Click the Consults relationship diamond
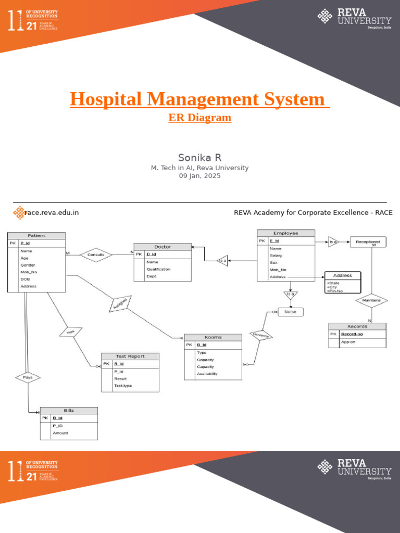(96, 255)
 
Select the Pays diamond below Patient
(28, 377)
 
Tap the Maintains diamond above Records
(371, 300)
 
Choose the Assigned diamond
(119, 304)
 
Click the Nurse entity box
(290, 312)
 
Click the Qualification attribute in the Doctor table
(159, 269)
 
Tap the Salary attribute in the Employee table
(276, 256)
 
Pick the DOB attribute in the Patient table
(25, 279)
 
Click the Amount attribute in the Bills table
(60, 433)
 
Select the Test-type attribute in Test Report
(123, 386)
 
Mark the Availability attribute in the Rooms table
(207, 373)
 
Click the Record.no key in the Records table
(352, 334)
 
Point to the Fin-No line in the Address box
(336, 291)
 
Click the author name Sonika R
(200, 157)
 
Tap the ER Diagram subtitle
(200, 118)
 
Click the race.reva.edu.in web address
(52, 212)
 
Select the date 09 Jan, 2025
(200, 176)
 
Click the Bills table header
(69, 411)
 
